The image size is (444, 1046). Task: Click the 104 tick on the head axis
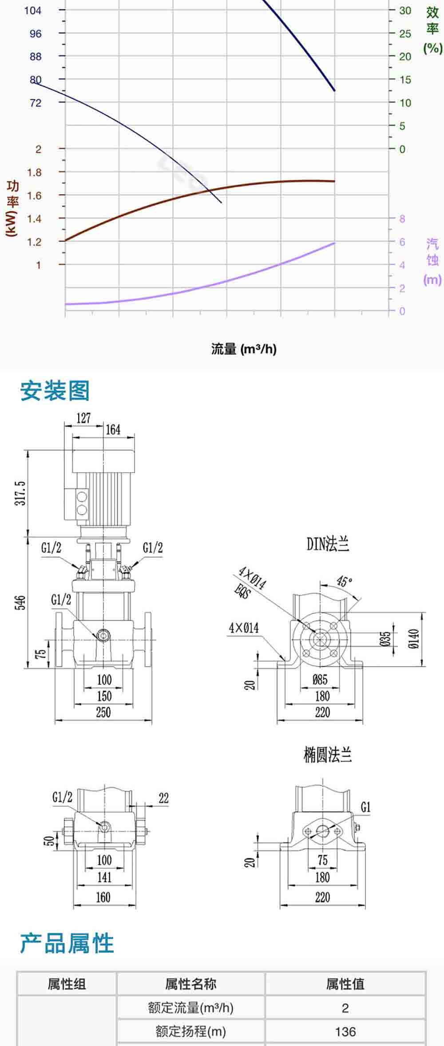coord(32,10)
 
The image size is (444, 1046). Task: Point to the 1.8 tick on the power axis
coord(34,172)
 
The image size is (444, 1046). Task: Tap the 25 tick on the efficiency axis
coord(405,33)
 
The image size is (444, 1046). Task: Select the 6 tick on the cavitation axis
coord(402,242)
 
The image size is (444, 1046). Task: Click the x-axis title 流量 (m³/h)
coord(244,349)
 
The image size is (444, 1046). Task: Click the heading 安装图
coord(55,391)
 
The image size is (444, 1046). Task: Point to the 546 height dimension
coord(20,602)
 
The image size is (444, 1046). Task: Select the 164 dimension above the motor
coord(113,429)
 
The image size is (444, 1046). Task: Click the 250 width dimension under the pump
coord(103,712)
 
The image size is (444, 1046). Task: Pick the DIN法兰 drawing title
coord(328,544)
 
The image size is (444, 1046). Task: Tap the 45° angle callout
coord(344,581)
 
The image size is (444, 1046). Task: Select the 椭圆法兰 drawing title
coord(328,755)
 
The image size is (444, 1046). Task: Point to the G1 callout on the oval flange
coord(365,807)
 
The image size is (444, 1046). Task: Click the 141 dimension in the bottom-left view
coord(104,877)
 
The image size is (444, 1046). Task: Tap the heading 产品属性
coord(67,943)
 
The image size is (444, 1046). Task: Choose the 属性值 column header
coord(345,984)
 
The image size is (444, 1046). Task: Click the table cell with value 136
coord(345,1031)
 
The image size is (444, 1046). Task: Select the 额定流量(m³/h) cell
coord(190,1008)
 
